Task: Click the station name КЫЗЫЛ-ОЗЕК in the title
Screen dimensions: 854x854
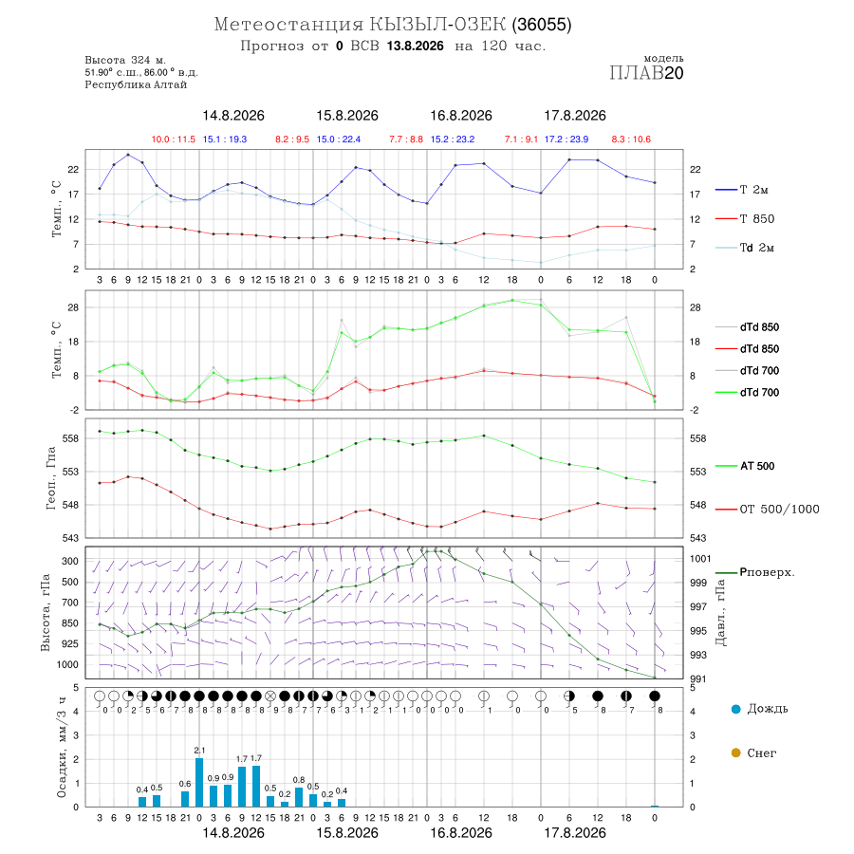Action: click(437, 25)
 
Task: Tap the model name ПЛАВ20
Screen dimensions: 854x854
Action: click(646, 73)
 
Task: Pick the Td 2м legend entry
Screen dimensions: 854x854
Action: click(745, 248)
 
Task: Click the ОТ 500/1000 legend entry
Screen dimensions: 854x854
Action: click(767, 510)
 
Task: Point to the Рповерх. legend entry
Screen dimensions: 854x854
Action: click(755, 572)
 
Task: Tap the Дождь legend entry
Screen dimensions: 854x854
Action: click(760, 709)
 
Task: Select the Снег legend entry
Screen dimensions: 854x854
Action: click(753, 752)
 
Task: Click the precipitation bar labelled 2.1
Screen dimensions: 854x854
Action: click(199, 782)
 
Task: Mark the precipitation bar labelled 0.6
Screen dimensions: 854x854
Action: click(185, 799)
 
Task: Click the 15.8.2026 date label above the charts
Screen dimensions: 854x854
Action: click(347, 116)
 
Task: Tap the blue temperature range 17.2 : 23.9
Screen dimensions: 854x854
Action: click(566, 139)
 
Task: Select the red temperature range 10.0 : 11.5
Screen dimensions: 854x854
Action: click(174, 139)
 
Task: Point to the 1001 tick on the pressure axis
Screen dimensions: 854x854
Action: click(700, 559)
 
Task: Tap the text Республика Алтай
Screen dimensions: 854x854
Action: click(136, 85)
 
